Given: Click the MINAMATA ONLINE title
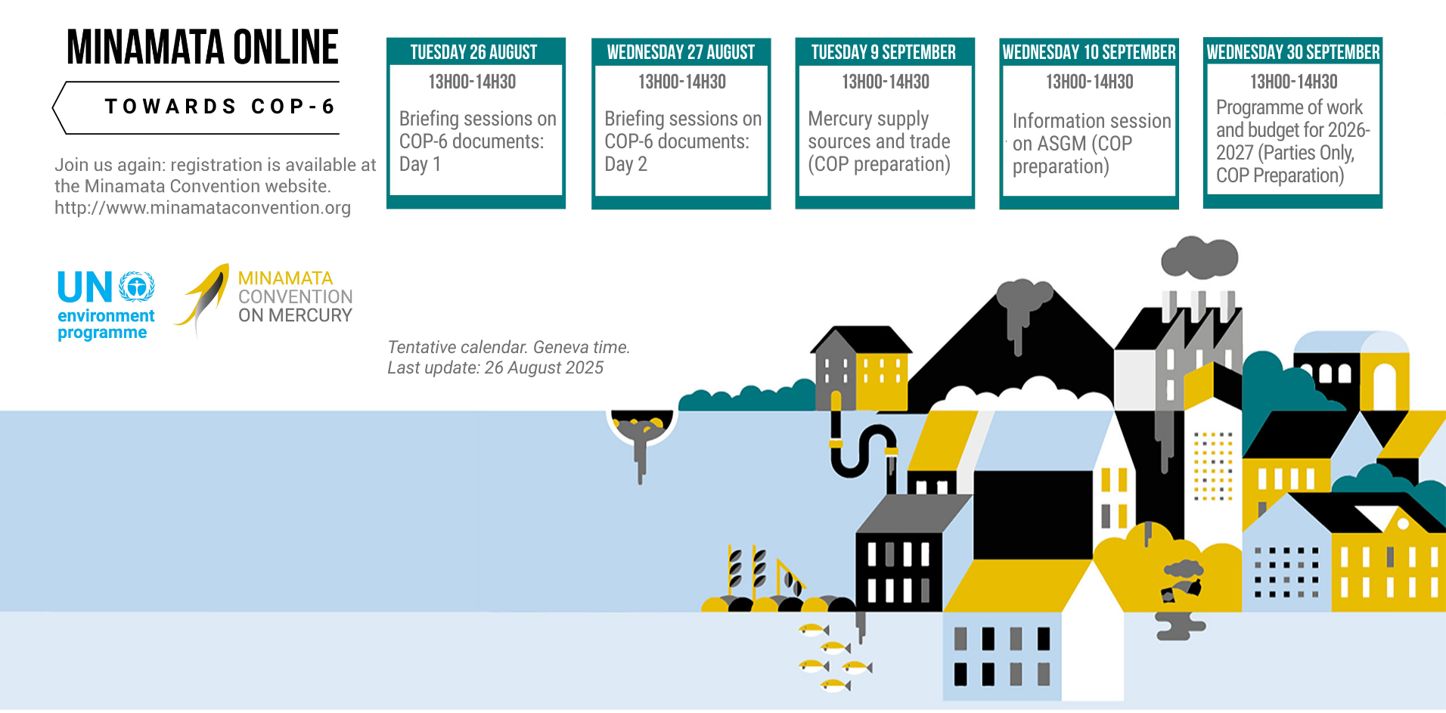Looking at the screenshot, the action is click(203, 47).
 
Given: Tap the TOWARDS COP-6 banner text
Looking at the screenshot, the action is click(219, 107).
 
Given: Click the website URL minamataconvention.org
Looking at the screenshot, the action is click(203, 208).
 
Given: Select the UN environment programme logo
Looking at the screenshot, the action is click(106, 305).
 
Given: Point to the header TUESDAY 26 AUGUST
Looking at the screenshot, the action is click(474, 52).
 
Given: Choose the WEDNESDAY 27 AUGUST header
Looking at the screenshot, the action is click(681, 52).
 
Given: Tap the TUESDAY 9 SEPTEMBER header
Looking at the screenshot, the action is click(884, 52).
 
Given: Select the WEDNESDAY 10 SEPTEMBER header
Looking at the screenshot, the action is click(1089, 52).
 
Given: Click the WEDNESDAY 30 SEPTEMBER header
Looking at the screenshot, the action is click(1293, 52).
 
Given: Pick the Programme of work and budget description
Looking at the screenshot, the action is click(1292, 141).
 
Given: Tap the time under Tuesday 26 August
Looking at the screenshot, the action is click(473, 82).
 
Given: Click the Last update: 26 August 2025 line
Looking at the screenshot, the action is click(495, 368).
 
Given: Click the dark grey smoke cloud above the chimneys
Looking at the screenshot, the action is click(1199, 256).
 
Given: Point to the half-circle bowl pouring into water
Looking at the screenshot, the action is click(641, 427).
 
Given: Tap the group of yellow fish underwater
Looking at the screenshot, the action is click(835, 657).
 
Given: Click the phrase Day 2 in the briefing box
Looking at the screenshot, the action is click(626, 165).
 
